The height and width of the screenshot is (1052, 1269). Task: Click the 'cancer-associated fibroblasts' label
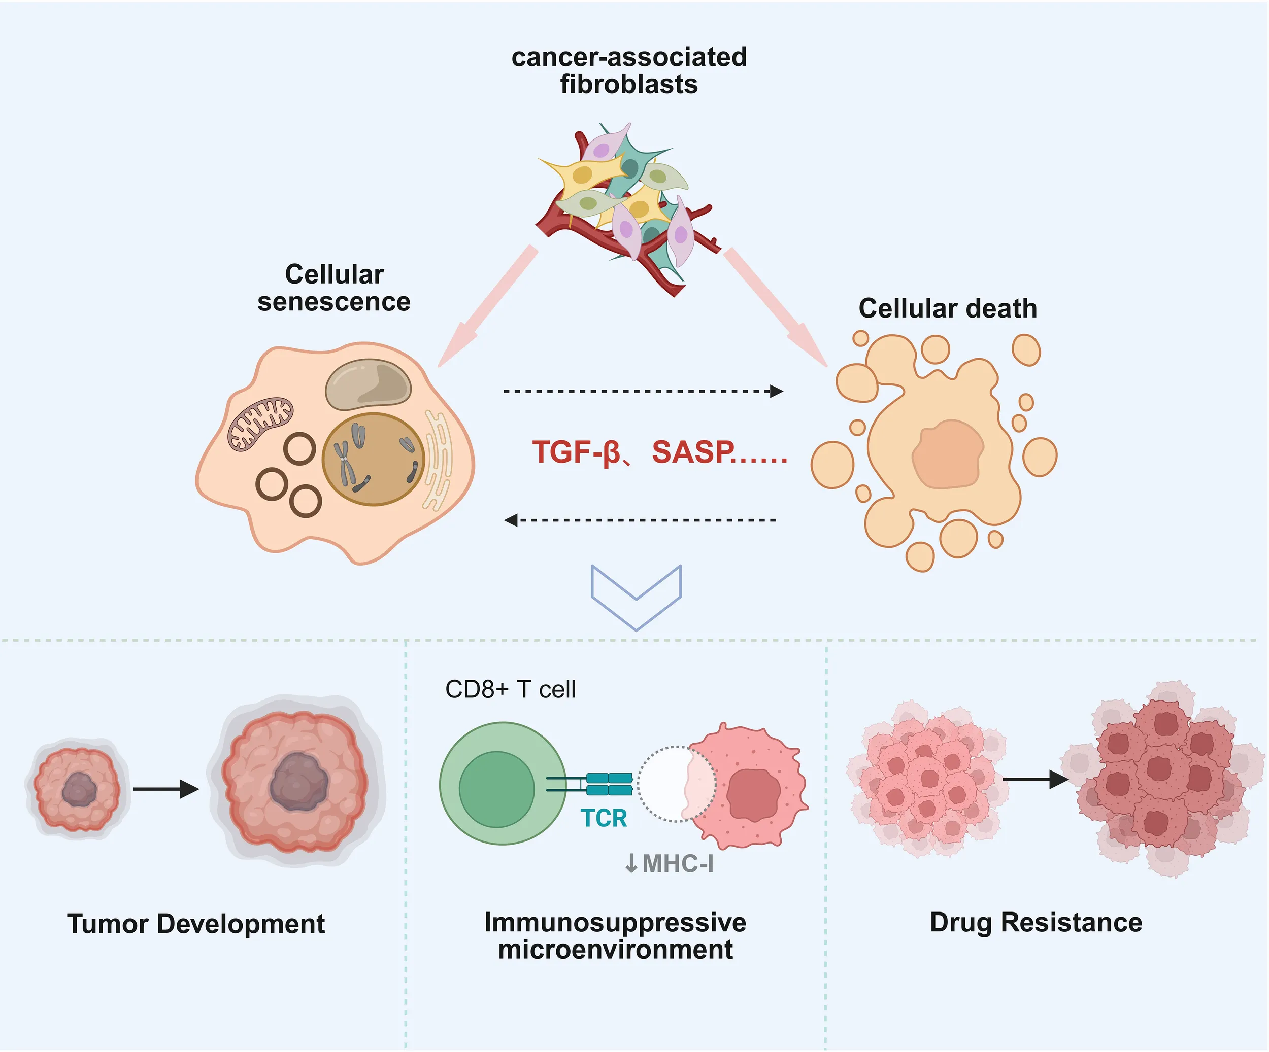point(629,71)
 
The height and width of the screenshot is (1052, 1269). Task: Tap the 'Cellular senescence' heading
point(334,288)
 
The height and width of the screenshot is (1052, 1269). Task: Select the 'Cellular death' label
point(948,308)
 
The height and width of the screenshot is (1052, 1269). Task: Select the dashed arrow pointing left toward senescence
point(641,520)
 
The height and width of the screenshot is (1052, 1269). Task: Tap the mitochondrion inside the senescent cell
point(260,424)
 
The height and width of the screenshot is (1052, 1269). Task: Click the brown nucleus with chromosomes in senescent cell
point(374,460)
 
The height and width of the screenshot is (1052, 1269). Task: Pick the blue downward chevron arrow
point(637,595)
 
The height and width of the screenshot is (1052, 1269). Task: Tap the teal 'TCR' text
point(604,819)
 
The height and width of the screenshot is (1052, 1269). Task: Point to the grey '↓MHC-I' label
point(669,864)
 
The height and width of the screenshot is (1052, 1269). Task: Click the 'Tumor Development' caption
point(196,924)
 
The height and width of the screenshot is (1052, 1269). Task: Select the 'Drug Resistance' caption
point(1036,923)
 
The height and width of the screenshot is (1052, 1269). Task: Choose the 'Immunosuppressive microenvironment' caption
point(615,936)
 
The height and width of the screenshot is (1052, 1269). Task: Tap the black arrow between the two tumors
point(165,789)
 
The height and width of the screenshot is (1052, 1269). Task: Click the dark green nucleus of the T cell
point(497,789)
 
